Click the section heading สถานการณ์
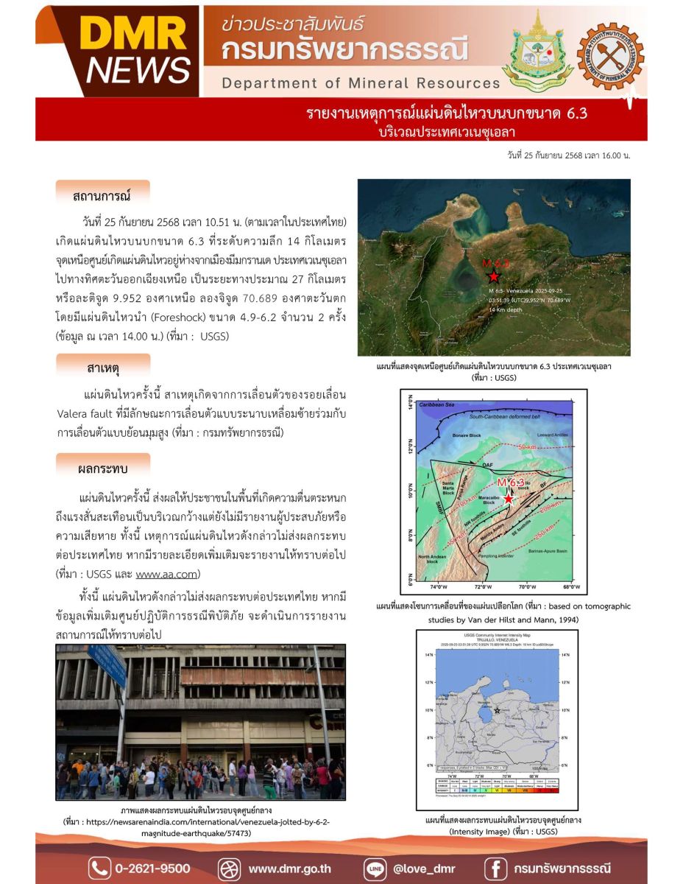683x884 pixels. coord(102,196)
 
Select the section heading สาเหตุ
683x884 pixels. coord(102,367)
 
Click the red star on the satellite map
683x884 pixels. coord(493,277)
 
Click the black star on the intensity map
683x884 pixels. coord(498,710)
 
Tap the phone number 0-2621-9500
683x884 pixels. coord(152,868)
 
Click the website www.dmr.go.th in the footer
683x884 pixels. coord(289,868)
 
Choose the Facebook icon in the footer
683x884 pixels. coord(498,868)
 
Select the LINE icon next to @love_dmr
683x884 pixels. coord(375,868)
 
